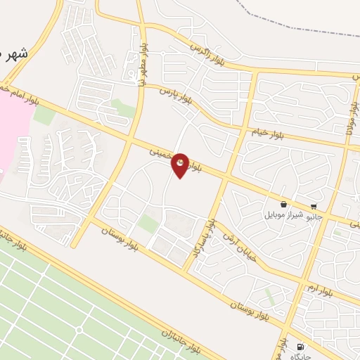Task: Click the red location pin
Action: tap(181, 165)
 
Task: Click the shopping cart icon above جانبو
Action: tap(313, 207)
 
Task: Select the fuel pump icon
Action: tap(302, 347)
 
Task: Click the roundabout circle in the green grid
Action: tap(79, 329)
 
